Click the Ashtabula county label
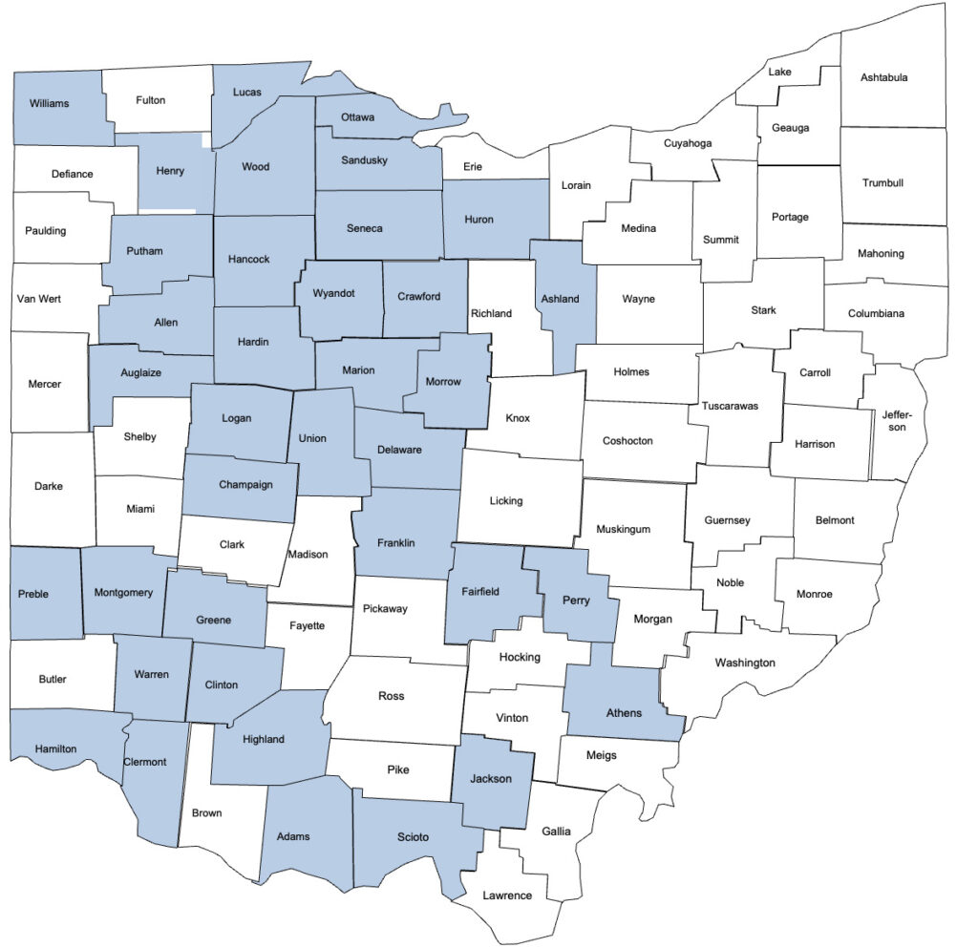point(883,77)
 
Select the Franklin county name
point(395,543)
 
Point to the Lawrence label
point(507,895)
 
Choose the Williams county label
point(49,103)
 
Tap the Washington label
point(745,663)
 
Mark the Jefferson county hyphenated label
point(897,421)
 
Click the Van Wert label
point(39,299)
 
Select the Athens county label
point(624,712)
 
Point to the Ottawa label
point(358,117)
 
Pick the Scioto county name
point(413,837)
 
